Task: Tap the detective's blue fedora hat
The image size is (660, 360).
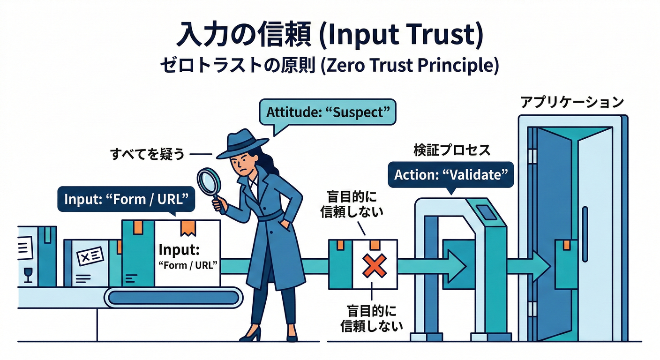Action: coord(243,142)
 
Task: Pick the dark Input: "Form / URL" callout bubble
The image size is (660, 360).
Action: coord(123,199)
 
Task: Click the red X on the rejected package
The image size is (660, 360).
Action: coord(375,266)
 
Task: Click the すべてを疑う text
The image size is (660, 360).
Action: coord(147,154)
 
